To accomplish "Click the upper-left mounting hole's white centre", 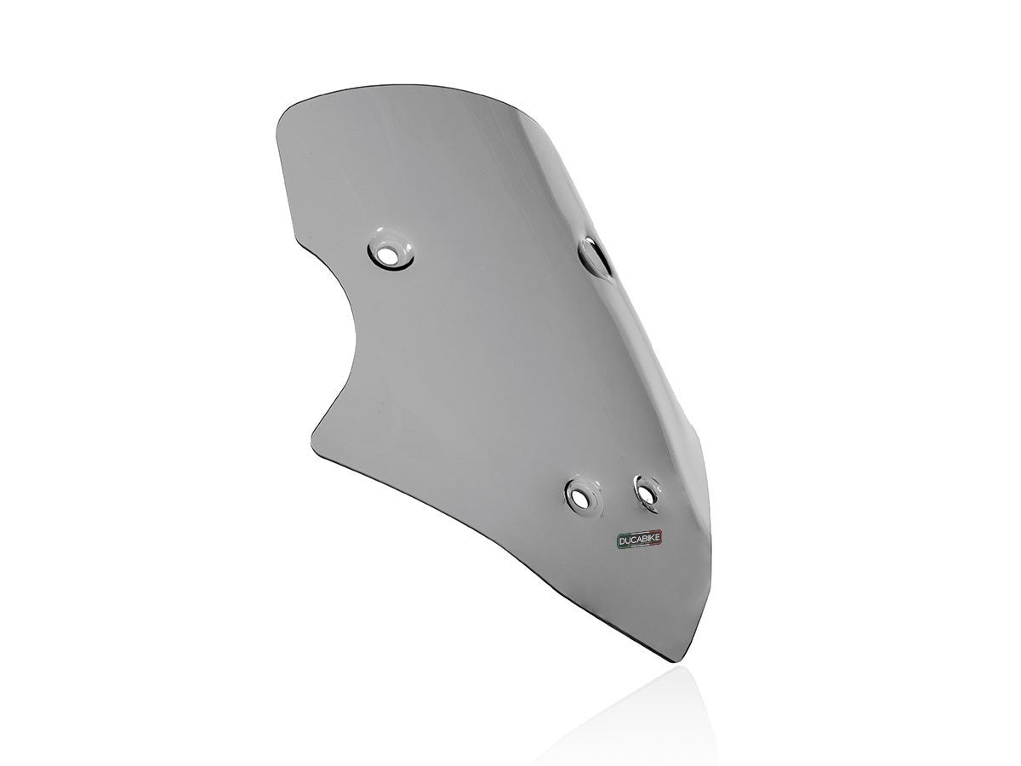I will (391, 253).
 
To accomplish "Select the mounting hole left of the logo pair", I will (583, 494).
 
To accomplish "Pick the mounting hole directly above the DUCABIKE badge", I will (646, 490).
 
